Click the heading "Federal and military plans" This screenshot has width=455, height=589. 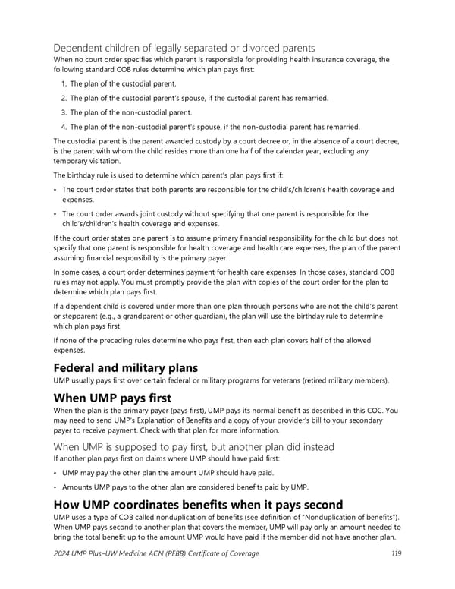pos(125,367)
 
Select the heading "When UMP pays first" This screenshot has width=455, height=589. pos(111,398)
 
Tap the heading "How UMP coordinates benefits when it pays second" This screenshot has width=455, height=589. pos(198,505)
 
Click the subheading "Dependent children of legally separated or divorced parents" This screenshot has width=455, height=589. pos(184,49)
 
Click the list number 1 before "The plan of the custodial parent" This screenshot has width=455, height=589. pos(62,83)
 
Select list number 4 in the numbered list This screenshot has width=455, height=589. pos(63,127)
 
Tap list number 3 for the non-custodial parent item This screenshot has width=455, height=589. pos(63,112)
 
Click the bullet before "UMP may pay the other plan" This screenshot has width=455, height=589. pos(55,472)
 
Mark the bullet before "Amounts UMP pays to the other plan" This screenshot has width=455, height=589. pos(55,487)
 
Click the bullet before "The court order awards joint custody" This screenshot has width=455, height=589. pos(55,214)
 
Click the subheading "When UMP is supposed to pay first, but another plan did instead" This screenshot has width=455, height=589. pos(193,446)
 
